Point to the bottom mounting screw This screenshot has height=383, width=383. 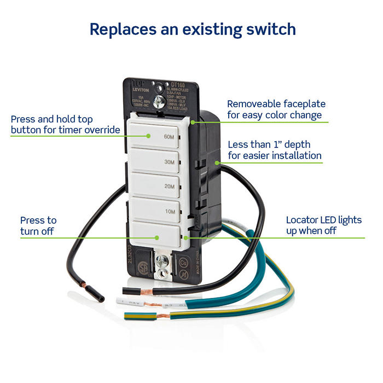(x=161, y=262)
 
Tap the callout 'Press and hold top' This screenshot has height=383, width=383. (x=53, y=119)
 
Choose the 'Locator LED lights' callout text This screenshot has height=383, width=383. (x=324, y=220)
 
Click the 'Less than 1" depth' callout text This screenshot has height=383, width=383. (x=269, y=144)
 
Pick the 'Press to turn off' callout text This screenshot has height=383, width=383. (x=38, y=225)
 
